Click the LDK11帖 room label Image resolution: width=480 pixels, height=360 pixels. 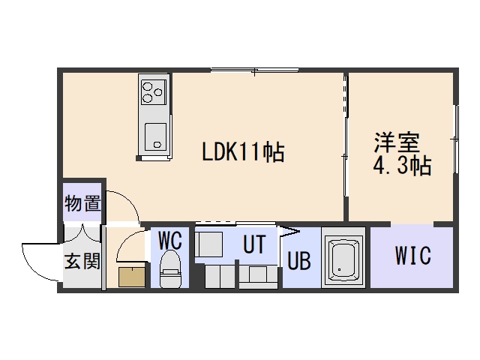243,151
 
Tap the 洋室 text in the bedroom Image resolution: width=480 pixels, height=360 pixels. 397,142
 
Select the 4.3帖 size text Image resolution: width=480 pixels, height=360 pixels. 402,166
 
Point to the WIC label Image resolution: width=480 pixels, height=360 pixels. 413,255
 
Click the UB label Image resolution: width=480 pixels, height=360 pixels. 299,261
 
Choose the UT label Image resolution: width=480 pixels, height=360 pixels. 254,244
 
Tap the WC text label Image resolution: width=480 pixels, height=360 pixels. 170,240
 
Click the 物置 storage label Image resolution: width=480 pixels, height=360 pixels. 82,203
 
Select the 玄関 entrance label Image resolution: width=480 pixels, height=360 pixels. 82,261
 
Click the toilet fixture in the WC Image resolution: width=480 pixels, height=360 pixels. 170,268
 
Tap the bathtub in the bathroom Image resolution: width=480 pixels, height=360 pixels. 343,258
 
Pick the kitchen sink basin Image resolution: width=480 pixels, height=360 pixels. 155,137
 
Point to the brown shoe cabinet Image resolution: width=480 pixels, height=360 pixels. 132,277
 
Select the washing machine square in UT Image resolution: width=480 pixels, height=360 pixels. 209,244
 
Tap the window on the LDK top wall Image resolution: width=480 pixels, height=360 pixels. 255,70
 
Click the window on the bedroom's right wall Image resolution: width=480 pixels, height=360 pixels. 456,139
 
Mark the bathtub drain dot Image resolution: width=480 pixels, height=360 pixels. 339,270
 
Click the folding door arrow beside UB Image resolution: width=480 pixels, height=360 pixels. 288,232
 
